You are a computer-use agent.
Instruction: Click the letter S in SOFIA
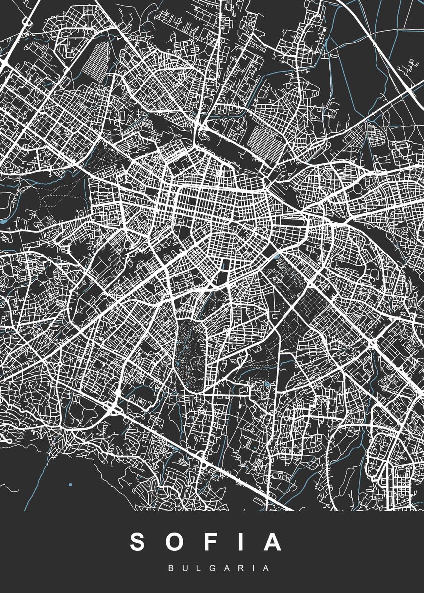139,542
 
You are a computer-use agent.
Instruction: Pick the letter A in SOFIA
272,542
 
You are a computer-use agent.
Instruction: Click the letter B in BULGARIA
171,569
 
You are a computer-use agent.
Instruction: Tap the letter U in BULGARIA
184,569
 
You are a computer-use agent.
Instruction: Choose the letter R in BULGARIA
239,569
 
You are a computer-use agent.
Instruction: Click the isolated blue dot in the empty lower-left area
70,485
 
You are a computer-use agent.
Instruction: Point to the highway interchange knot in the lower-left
113,408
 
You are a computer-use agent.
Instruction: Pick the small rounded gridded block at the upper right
373,131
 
